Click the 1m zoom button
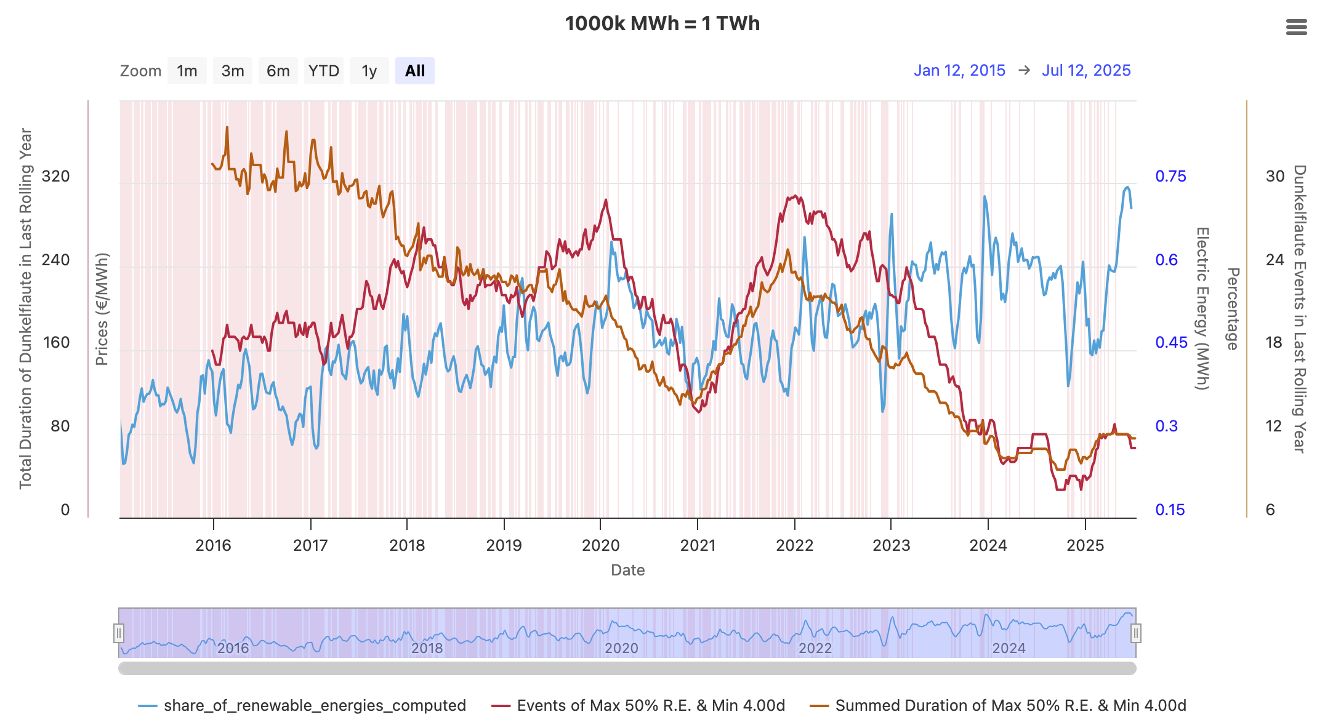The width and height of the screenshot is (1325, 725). [187, 71]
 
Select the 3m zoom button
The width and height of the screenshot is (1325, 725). [233, 71]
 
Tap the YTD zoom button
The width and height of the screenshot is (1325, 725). [324, 71]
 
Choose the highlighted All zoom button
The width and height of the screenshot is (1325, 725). [414, 71]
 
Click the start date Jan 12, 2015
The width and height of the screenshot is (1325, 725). [959, 70]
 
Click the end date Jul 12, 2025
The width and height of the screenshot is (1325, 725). [1086, 70]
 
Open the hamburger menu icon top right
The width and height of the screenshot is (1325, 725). [1296, 27]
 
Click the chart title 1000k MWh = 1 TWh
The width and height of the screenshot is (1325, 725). [662, 23]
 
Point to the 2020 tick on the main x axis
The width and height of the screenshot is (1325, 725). [600, 545]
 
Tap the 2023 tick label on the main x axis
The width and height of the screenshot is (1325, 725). [891, 545]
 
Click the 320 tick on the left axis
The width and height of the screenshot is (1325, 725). [55, 177]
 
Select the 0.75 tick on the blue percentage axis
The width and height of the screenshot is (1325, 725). [1170, 177]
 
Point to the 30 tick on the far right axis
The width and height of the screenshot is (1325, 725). [1275, 177]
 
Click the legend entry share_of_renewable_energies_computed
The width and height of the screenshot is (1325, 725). [314, 705]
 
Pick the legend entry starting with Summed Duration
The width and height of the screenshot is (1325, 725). [1010, 705]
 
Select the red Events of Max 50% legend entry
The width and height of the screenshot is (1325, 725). [650, 705]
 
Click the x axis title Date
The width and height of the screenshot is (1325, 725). [627, 570]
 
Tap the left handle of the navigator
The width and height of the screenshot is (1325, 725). [119, 633]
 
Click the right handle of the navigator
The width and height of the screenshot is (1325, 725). [1135, 633]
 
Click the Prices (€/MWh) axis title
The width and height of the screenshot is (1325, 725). [102, 309]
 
